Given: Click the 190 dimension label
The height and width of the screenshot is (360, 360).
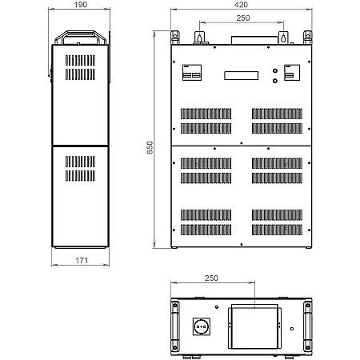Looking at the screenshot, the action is click(x=81, y=5).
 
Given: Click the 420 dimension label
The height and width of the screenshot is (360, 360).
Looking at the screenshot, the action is click(x=241, y=5).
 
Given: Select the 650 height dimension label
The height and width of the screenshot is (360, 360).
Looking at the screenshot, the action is click(x=150, y=147).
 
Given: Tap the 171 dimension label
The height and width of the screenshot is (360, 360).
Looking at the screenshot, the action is click(x=82, y=260).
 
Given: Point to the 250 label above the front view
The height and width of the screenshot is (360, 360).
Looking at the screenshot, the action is click(x=243, y=18).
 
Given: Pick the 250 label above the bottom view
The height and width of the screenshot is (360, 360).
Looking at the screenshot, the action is click(x=211, y=278).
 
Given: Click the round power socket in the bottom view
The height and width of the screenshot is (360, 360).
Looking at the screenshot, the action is click(x=202, y=326).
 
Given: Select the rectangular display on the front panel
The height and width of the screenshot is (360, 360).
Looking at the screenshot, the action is click(x=241, y=75).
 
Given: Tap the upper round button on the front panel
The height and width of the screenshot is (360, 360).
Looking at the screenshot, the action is click(x=275, y=71).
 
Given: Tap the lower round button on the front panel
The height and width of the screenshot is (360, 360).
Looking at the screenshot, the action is click(x=275, y=81).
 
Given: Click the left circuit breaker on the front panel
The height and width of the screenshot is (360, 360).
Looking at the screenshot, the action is click(x=192, y=72).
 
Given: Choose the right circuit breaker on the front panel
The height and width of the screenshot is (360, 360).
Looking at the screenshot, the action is click(x=292, y=72).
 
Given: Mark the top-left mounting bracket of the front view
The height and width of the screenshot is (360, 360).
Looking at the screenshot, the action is click(x=175, y=38).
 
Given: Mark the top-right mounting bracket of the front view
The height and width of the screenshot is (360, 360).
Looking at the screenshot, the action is click(x=307, y=38).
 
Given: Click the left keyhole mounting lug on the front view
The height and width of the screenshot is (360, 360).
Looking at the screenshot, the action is click(x=199, y=38).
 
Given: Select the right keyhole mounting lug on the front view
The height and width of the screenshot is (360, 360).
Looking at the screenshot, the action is click(x=283, y=38).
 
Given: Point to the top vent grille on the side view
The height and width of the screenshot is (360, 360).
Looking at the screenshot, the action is click(x=80, y=67).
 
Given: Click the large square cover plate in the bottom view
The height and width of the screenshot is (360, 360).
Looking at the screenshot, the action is click(x=254, y=328).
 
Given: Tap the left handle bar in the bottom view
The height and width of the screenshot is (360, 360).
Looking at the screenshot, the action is click(x=175, y=326).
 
